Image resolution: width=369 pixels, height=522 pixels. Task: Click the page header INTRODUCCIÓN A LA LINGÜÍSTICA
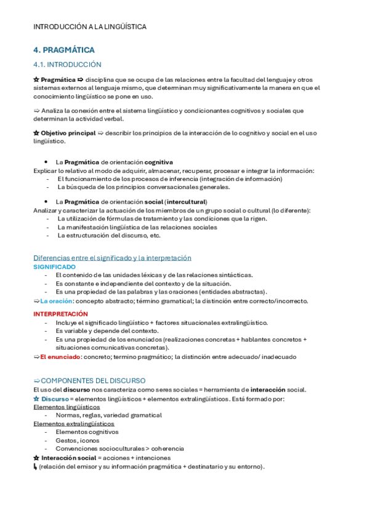coord(90,27)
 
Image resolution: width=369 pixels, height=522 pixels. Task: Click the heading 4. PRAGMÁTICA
coord(63,50)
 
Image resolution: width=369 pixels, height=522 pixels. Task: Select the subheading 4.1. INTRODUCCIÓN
coord(67,65)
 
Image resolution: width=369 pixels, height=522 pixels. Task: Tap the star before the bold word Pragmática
coord(36,79)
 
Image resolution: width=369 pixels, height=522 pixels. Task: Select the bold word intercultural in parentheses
coord(186,202)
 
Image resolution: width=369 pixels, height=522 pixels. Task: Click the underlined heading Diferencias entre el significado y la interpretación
coord(112,258)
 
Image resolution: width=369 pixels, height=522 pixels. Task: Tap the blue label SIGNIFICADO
coord(54,267)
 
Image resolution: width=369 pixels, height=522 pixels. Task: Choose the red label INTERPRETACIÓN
coord(61,314)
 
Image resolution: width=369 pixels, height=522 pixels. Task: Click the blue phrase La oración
coord(56,301)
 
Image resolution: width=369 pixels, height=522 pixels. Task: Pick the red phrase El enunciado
coord(60,356)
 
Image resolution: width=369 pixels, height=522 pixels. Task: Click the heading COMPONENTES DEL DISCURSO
coord(93,380)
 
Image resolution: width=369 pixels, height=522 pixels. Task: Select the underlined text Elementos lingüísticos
coord(67,407)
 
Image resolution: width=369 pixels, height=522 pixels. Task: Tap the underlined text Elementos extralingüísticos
coord(73,424)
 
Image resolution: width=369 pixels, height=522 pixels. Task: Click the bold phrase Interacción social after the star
coord(68,458)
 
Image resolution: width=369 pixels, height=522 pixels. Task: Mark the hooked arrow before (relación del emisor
coord(35,467)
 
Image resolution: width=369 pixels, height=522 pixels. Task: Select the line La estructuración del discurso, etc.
coord(109,235)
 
